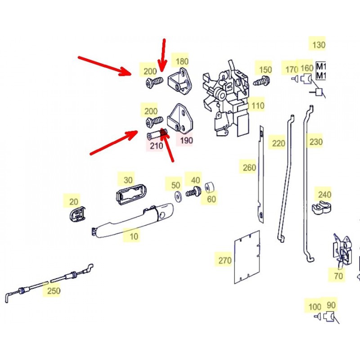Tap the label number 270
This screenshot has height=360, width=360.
(x=225, y=261)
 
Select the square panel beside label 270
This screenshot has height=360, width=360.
(x=247, y=257)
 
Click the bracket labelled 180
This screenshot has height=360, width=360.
(x=181, y=81)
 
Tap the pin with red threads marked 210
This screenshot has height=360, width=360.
(x=157, y=134)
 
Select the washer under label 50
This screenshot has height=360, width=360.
(x=177, y=197)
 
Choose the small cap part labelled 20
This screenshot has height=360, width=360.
(x=77, y=214)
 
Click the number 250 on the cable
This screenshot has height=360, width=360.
(x=54, y=291)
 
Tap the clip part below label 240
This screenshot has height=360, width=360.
(x=322, y=207)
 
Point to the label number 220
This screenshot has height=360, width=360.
(x=279, y=144)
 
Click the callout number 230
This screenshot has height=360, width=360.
(x=316, y=142)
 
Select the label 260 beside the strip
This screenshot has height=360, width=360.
(x=249, y=167)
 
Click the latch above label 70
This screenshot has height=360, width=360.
(x=342, y=250)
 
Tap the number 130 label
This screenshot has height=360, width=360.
(x=319, y=45)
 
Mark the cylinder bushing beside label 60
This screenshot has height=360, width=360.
(x=210, y=187)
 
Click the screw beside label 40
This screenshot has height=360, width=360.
(x=193, y=192)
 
